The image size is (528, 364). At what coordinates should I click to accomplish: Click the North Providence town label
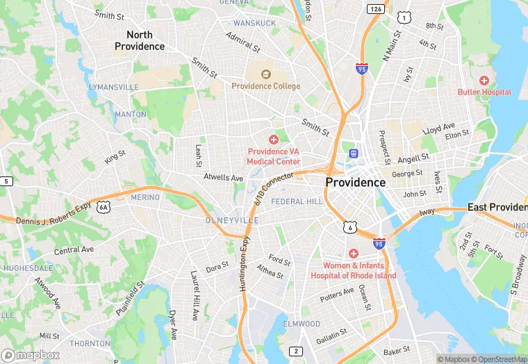click(x=140, y=40)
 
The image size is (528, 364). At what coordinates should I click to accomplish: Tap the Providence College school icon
click(x=265, y=74)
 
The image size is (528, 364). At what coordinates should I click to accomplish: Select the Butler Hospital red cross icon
click(x=484, y=81)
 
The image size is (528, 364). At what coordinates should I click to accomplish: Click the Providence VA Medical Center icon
click(x=274, y=140)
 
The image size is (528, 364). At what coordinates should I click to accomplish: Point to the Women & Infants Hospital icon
click(x=353, y=254)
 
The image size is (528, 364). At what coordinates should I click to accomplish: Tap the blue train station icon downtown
click(x=353, y=153)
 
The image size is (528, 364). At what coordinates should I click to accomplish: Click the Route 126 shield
click(x=376, y=9)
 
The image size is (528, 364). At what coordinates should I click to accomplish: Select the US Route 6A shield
click(x=104, y=207)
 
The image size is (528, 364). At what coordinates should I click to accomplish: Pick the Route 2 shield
click(x=296, y=351)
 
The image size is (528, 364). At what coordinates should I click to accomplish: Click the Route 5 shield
click(x=6, y=181)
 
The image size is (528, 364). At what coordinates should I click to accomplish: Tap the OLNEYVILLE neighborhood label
click(x=232, y=220)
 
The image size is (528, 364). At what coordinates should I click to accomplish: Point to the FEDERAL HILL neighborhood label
click(x=297, y=201)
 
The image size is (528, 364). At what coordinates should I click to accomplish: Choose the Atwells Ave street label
click(x=223, y=178)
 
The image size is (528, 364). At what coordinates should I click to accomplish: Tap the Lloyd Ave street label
click(x=438, y=129)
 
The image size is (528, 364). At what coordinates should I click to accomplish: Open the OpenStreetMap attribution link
click(x=498, y=359)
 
